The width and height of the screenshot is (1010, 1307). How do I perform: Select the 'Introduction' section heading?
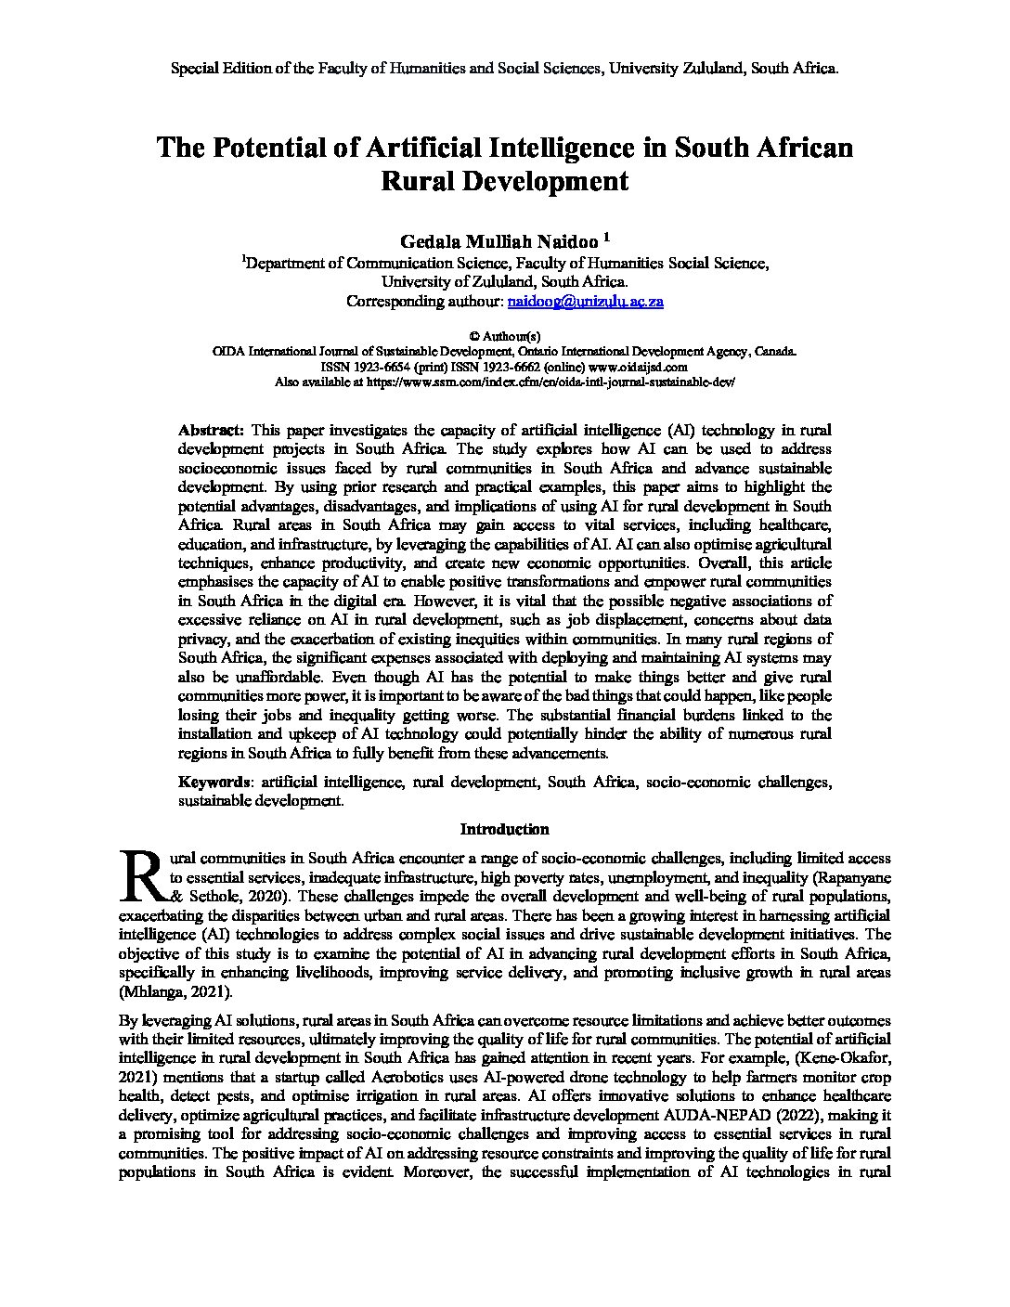pyautogui.click(x=504, y=829)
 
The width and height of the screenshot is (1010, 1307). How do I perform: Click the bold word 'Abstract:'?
pyautogui.click(x=211, y=431)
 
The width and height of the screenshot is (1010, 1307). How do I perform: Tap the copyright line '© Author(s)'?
pyautogui.click(x=504, y=336)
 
